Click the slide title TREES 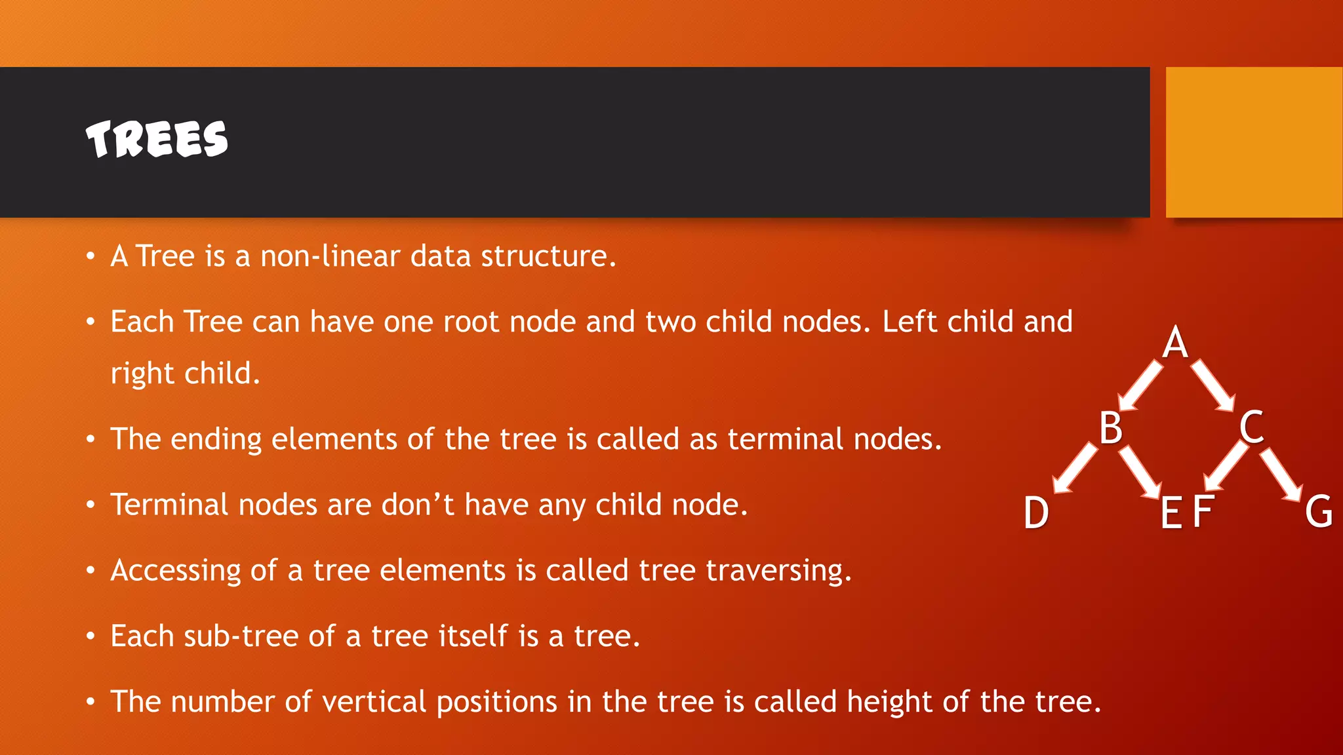coord(157,139)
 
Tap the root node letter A coord(1175,342)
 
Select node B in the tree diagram coord(1111,428)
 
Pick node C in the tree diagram coord(1252,427)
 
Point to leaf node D coord(1036,513)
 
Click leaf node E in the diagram coord(1171,513)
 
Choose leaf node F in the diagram coord(1203,512)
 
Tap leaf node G coord(1318,512)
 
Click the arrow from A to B coord(1141,385)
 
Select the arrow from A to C coord(1213,385)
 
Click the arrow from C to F coord(1226,467)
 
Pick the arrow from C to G coord(1281,474)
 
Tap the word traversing coord(778,570)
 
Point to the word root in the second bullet coord(471,322)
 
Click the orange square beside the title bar coord(1254,142)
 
